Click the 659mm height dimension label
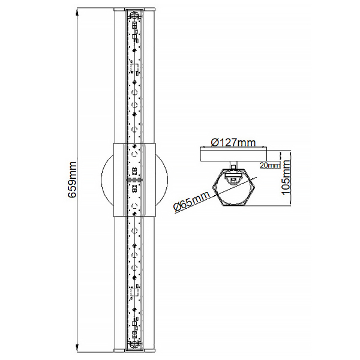pyautogui.click(x=73, y=179)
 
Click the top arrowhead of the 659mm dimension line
pyautogui.click(x=77, y=13)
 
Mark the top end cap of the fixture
pyautogui.click(x=135, y=9)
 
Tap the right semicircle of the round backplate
pyautogui.click(x=164, y=180)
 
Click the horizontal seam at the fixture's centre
pyautogui.click(x=135, y=179)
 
